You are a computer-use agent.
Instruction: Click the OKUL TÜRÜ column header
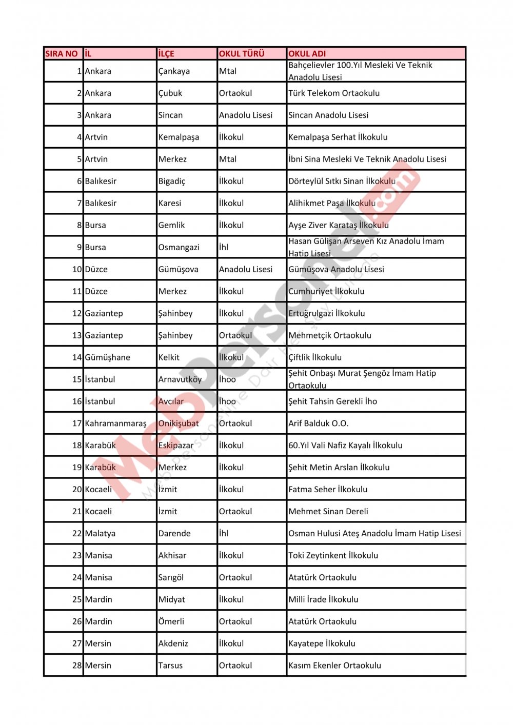pos(242,53)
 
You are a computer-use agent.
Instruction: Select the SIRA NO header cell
pos(62,53)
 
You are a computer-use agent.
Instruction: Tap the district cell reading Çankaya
pos(174,71)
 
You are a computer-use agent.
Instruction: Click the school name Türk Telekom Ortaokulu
pos(334,93)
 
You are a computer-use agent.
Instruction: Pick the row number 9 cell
pos(79,247)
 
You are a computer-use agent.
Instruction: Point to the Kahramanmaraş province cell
pos(115,424)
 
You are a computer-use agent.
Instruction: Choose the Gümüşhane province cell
pos(107,357)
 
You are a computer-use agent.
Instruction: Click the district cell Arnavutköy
pos(180,379)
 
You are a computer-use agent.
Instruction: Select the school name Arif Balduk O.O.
pos(318,424)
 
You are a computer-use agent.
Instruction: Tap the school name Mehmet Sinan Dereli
pos(328,511)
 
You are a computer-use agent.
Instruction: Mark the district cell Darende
pos(174,533)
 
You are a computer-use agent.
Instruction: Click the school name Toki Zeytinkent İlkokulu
pos(333,555)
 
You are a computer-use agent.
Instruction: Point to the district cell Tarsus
pos(170,666)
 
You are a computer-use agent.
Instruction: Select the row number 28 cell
pos(77,666)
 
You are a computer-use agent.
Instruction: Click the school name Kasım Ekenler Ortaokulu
pos(334,666)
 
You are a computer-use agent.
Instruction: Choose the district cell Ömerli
pos(171,621)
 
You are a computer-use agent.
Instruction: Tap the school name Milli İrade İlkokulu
pos(323,599)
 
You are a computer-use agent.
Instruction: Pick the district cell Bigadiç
pos(172,182)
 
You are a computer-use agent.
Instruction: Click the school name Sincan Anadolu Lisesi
pos(328,115)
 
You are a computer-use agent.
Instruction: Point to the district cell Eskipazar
pos(176,446)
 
